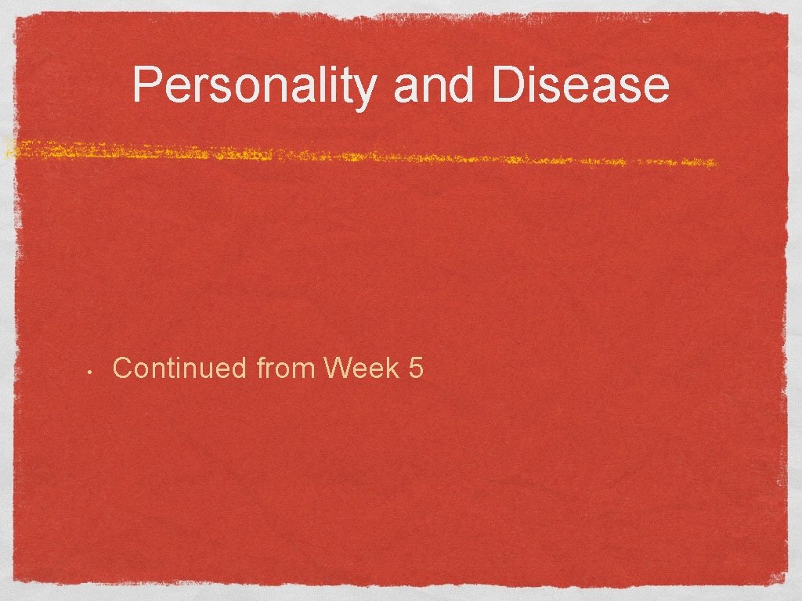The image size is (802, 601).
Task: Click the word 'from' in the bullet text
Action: (x=285, y=367)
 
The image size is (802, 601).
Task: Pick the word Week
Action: (x=361, y=367)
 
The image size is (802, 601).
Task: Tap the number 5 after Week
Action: (x=416, y=367)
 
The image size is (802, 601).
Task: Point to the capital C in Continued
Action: (x=122, y=367)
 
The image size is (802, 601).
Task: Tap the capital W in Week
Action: (x=338, y=367)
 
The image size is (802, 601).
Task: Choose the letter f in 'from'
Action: (x=261, y=366)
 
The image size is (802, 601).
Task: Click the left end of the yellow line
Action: (x=8, y=147)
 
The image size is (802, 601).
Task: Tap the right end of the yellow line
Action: (x=714, y=163)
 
